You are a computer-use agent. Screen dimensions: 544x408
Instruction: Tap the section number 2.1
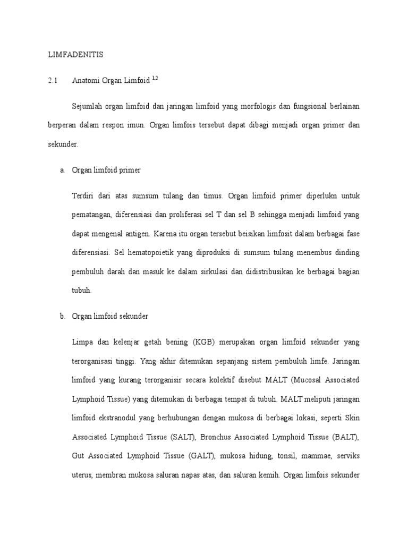point(52,80)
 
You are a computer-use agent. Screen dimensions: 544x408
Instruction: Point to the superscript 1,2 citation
point(155,78)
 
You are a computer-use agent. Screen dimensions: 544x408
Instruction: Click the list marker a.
point(62,170)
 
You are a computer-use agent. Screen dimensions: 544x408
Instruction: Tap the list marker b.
point(62,316)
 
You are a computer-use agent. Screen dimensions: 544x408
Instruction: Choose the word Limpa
point(82,342)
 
